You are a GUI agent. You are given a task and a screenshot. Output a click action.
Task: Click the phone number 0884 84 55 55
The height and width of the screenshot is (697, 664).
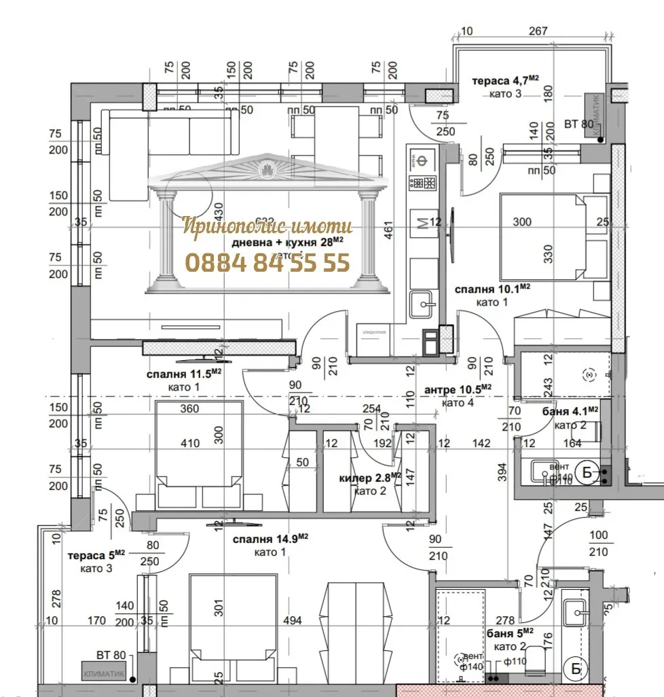(268, 262)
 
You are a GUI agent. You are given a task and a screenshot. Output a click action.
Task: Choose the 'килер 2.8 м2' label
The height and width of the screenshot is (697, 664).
(371, 478)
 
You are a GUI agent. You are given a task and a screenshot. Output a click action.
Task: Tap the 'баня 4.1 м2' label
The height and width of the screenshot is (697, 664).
(570, 412)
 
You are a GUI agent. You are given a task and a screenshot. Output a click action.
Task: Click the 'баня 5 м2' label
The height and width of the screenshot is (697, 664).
(514, 633)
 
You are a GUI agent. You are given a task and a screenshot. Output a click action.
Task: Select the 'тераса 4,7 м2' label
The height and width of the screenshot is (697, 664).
(505, 81)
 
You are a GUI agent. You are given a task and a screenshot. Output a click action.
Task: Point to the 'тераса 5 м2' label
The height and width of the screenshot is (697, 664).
(96, 555)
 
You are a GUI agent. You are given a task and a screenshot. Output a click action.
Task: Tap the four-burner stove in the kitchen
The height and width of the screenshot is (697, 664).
(420, 182)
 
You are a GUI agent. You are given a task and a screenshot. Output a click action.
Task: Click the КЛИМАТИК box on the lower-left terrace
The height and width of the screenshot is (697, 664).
(103, 671)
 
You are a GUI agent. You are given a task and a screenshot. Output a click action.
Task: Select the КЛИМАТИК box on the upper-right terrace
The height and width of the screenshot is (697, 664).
(598, 116)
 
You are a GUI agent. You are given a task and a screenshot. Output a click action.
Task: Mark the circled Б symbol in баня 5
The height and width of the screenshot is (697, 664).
(576, 670)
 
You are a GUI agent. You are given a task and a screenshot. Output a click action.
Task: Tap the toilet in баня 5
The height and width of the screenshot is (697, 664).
(538, 660)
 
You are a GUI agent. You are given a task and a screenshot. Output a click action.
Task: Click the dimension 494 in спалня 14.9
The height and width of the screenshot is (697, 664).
(292, 620)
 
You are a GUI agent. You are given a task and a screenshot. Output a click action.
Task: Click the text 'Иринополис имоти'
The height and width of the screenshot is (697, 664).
(268, 226)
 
